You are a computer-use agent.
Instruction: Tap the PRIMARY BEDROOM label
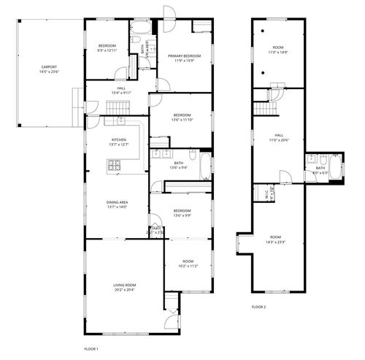(x=185, y=55)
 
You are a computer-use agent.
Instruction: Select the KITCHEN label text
(x=119, y=139)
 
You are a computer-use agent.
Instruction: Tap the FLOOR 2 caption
(x=258, y=307)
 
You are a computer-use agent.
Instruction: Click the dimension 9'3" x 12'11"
(x=107, y=50)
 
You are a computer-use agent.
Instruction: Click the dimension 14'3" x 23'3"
(x=274, y=242)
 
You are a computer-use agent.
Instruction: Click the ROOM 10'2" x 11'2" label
(x=188, y=264)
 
